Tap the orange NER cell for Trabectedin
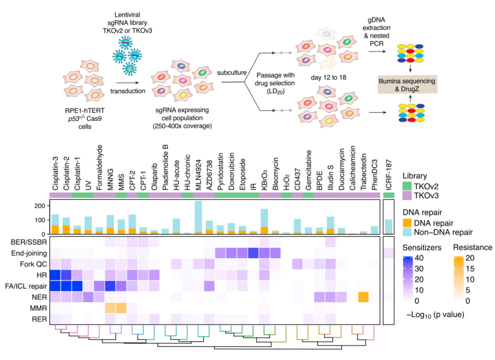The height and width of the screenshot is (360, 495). [x=363, y=297]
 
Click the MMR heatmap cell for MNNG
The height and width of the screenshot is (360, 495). [x=110, y=308]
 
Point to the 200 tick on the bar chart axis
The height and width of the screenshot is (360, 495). [x=41, y=205]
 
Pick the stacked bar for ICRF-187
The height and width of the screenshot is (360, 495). [x=389, y=227]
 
